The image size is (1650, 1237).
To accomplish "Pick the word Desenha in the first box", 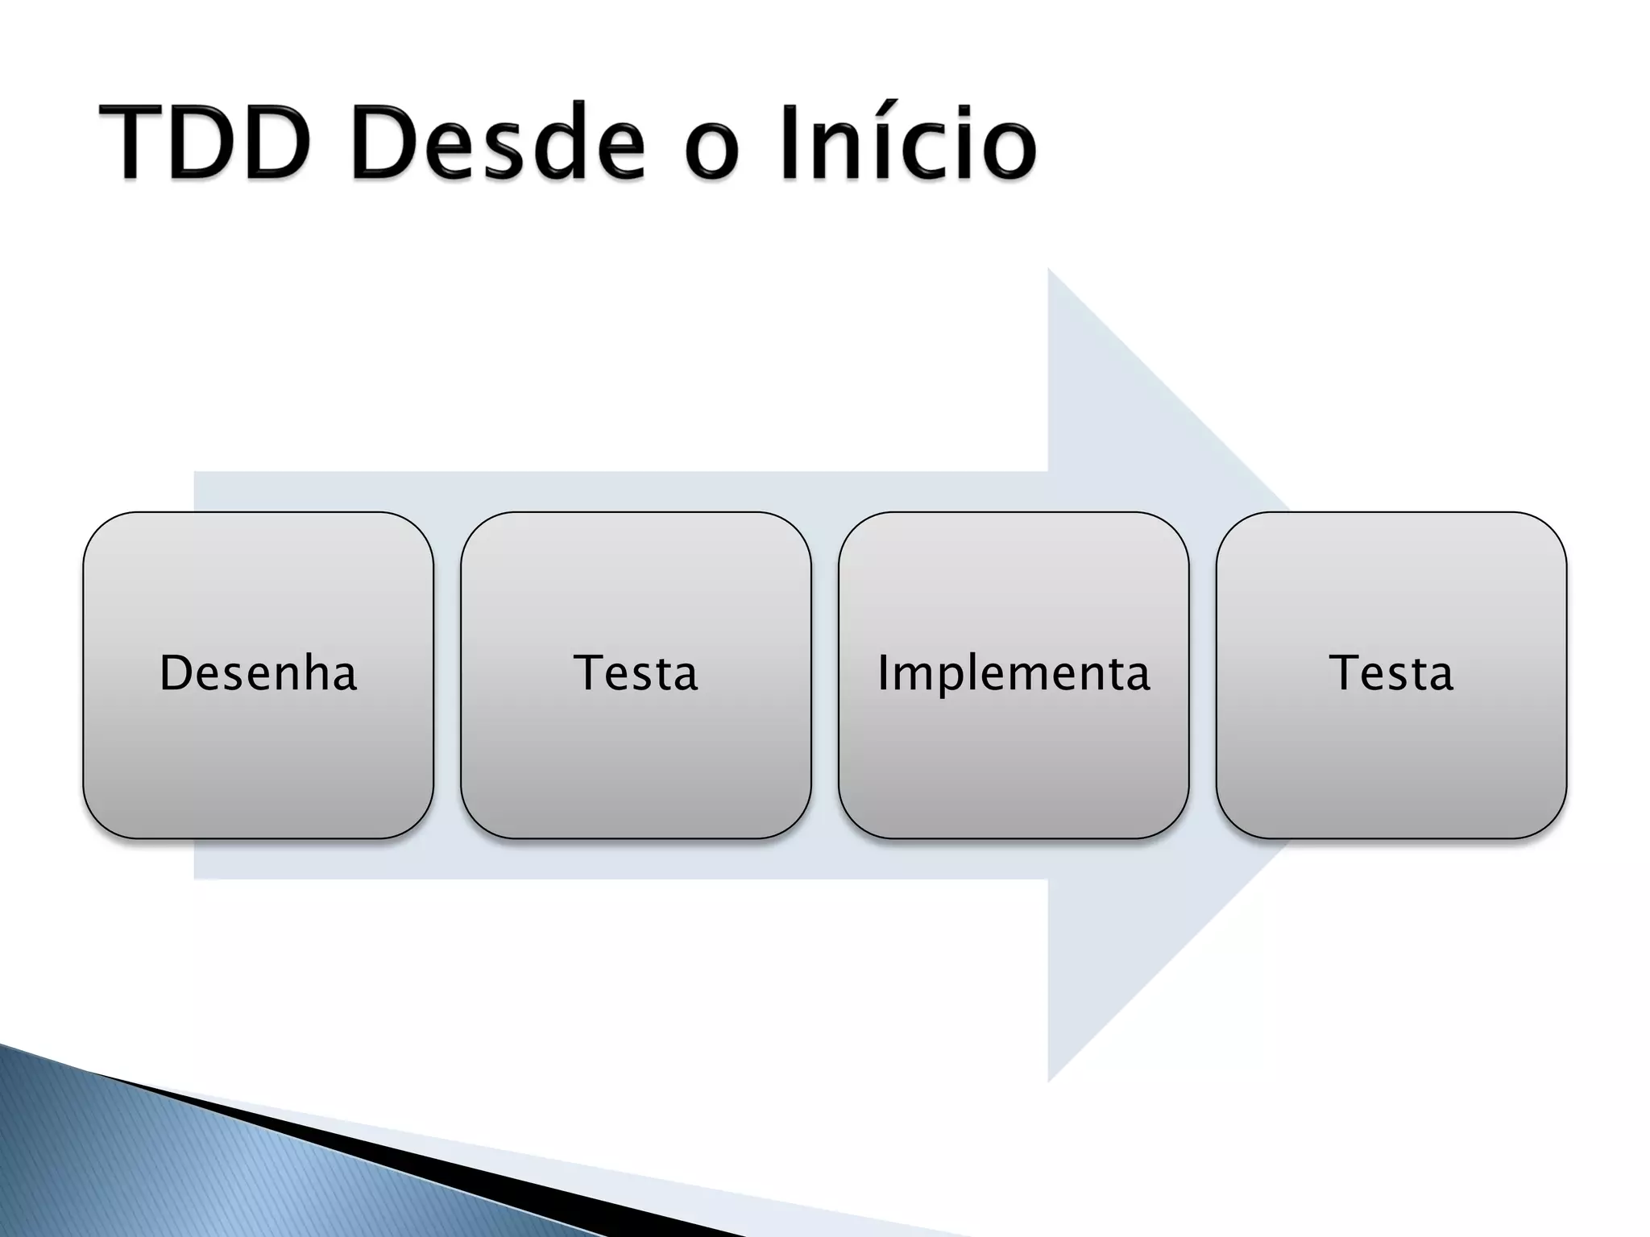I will coord(258,673).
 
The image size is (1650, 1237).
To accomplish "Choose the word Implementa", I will coord(1014,673).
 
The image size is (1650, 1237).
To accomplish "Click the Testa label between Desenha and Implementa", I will coord(636,673).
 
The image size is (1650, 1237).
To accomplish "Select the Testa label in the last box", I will coord(1391,673).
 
